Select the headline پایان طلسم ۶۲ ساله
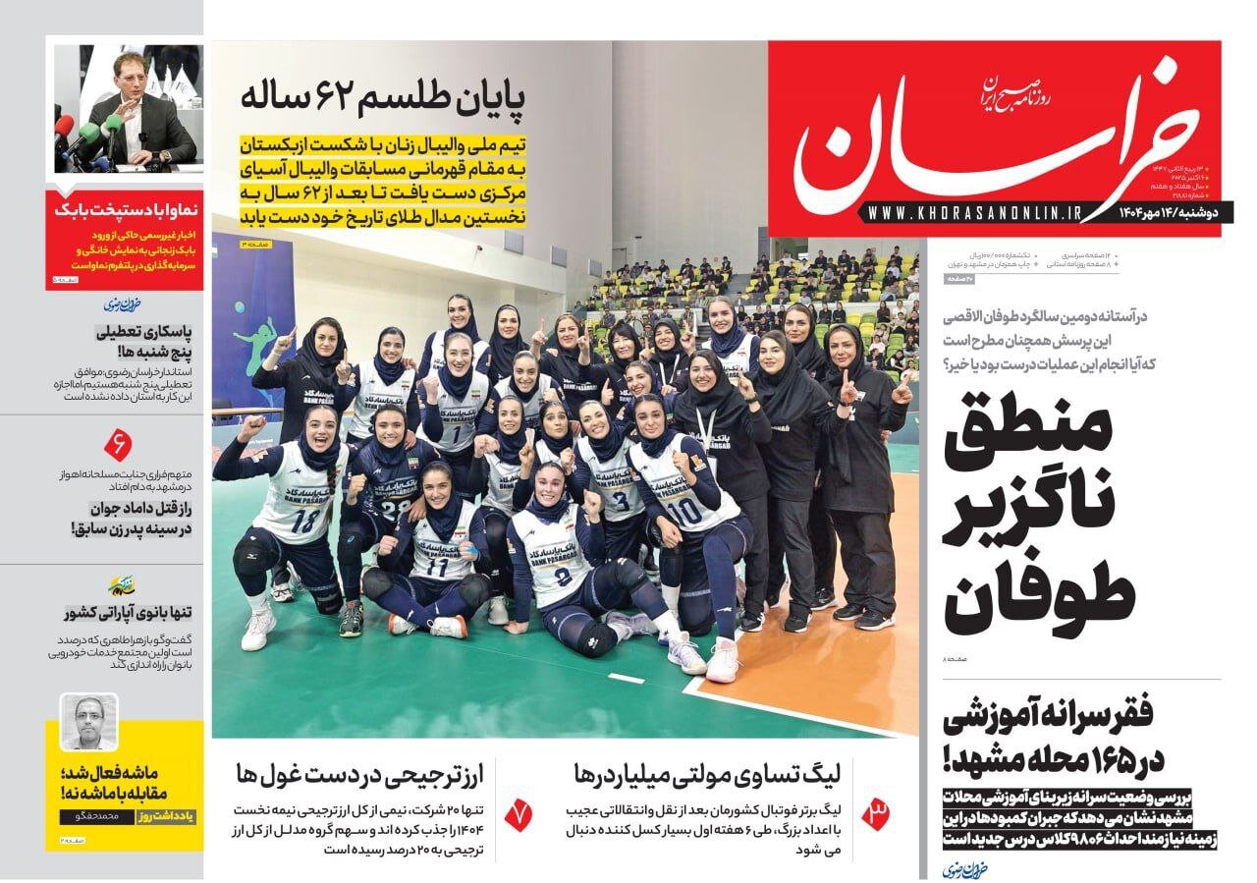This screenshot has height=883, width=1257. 384,99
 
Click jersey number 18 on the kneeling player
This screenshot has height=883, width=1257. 303,521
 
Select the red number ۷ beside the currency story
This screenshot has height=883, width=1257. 517,813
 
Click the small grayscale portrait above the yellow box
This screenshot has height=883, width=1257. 89,723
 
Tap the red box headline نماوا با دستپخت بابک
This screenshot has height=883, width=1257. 125,210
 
